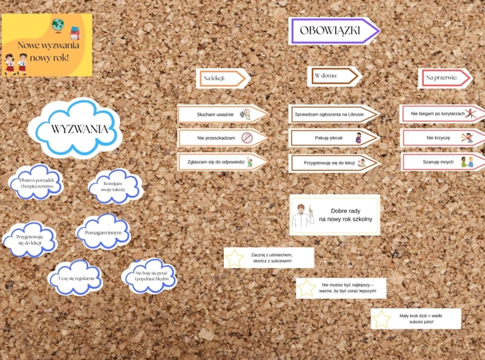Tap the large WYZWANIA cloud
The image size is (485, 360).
(x=79, y=129)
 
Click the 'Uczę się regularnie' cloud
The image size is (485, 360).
(x=76, y=278)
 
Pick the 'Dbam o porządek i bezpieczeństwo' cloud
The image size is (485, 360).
(x=37, y=183)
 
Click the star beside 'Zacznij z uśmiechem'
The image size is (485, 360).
(x=235, y=258)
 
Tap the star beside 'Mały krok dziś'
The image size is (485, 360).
(x=381, y=319)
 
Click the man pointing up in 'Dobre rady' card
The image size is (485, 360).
(x=303, y=215)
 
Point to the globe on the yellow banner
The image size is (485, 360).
(x=58, y=26)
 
